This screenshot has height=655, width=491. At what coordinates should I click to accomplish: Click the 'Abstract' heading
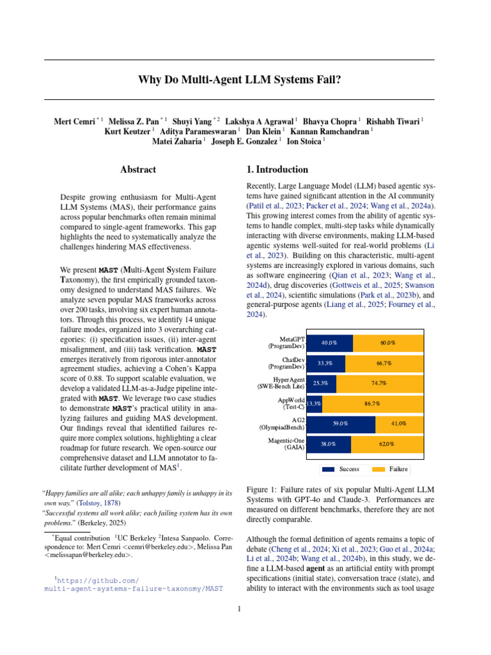[x=138, y=170]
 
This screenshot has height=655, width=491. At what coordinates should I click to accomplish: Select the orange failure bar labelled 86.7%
[x=373, y=404]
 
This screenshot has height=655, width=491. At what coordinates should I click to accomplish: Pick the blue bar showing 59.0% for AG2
[x=341, y=423]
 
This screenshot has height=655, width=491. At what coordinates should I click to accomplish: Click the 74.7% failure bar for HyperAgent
[x=379, y=383]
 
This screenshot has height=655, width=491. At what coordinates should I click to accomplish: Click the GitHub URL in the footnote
[x=134, y=584]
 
